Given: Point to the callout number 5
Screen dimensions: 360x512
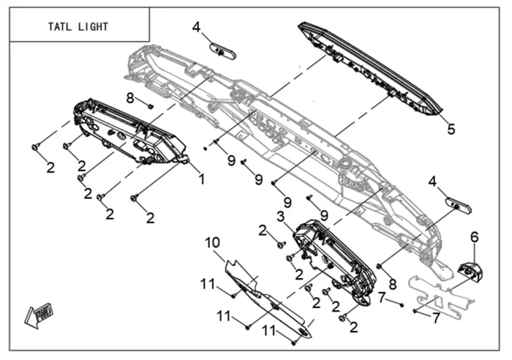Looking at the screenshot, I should [x=451, y=130].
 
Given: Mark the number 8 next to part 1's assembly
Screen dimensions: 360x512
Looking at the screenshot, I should [x=129, y=97].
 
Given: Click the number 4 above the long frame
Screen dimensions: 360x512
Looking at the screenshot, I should [x=196, y=27].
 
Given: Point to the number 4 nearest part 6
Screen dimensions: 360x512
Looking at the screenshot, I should [x=432, y=180].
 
